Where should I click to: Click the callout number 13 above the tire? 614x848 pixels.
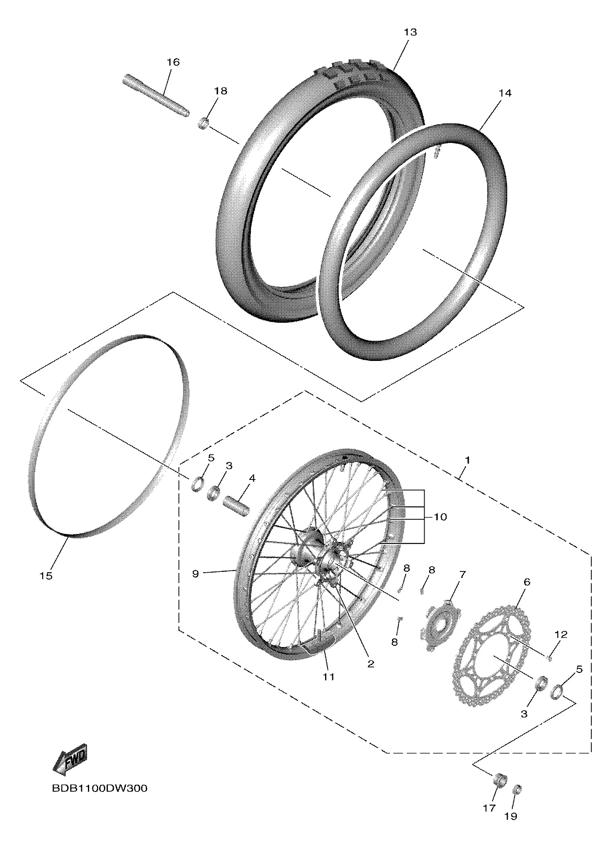[x=410, y=32]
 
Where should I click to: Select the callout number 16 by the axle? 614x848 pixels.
[x=173, y=62]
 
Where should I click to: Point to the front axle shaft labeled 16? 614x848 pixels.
[x=156, y=96]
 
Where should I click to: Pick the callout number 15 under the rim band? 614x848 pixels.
[x=46, y=576]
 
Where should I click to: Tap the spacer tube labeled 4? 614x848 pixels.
[x=237, y=506]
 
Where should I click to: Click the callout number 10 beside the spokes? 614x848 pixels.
[x=440, y=517]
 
